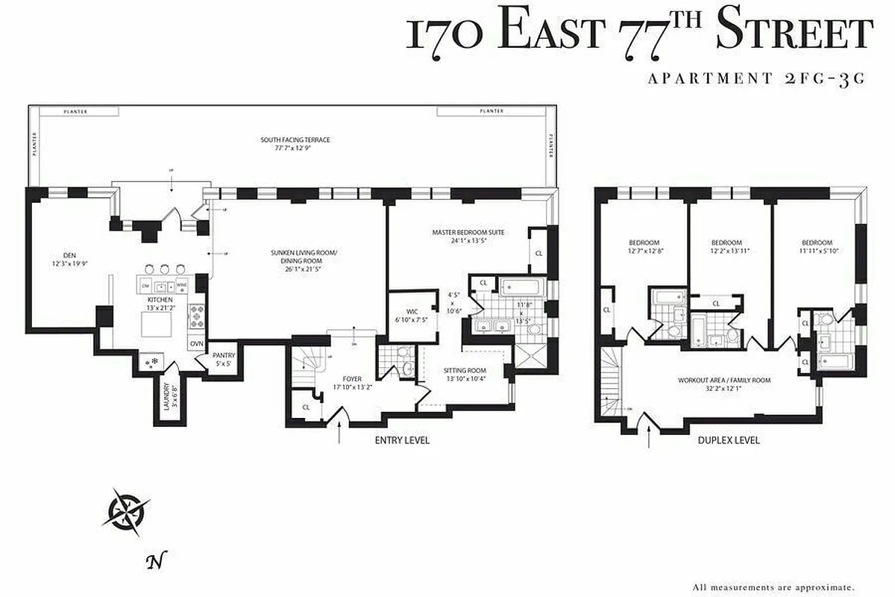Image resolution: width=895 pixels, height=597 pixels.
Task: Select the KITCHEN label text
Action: pos(160,299)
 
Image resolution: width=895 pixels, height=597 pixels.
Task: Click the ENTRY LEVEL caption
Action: pos(401,440)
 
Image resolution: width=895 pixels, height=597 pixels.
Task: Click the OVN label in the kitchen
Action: pos(197,343)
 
